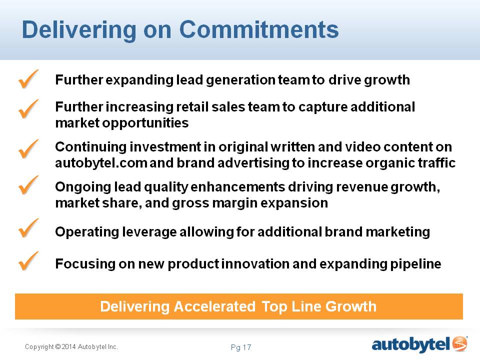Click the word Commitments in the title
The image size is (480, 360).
coord(258,29)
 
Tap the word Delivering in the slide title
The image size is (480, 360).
coord(79,30)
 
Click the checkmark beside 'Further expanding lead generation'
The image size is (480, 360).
coord(28,79)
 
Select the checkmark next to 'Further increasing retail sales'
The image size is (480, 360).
coord(28,109)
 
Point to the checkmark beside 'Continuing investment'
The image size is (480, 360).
coord(28,149)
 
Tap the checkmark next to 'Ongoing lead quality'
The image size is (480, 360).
coord(28,185)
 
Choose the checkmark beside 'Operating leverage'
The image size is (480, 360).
coord(28,228)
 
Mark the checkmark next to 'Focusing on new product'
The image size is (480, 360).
coord(28,261)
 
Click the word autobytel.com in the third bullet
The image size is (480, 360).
coord(101,163)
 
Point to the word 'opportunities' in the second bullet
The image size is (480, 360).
coord(145,123)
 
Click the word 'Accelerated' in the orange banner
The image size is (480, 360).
coord(214,306)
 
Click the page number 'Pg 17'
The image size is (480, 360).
coord(241,347)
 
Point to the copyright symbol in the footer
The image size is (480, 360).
coord(58,347)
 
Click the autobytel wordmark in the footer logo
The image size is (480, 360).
coord(411,345)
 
